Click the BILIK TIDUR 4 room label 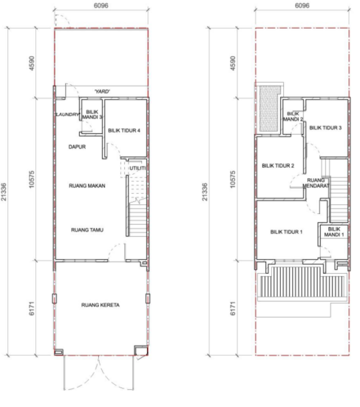[x=124, y=130]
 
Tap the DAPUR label [x=77, y=147]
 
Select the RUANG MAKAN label [x=87, y=186]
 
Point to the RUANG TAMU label [x=87, y=229]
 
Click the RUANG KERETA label [x=101, y=305]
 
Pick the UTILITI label [x=137, y=168]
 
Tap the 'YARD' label [x=102, y=91]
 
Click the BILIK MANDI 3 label [x=92, y=115]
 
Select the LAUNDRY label [x=67, y=114]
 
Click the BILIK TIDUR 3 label [x=325, y=128]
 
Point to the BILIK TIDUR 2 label [x=278, y=166]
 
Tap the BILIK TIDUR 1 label [x=286, y=232]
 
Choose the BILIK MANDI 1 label [x=334, y=232]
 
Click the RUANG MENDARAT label [x=316, y=183]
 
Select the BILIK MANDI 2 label [x=293, y=116]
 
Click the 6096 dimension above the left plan [x=101, y=5]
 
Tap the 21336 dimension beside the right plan [x=205, y=192]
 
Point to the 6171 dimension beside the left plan [x=31, y=308]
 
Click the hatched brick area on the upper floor [x=271, y=109]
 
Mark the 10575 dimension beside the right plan [x=233, y=179]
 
